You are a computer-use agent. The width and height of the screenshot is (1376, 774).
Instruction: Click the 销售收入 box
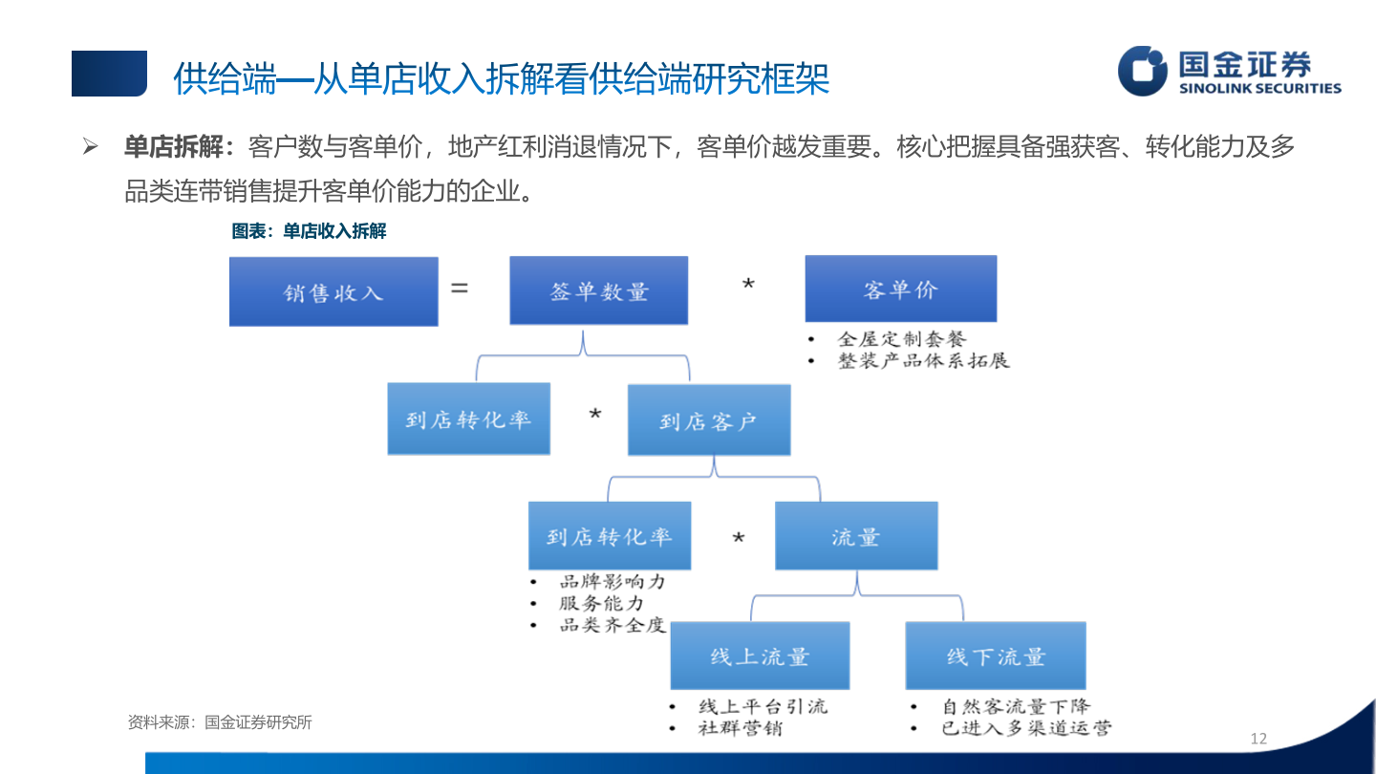[333, 291]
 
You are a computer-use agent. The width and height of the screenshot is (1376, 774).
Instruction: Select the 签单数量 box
[599, 290]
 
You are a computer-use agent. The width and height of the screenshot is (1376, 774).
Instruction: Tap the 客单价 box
[901, 289]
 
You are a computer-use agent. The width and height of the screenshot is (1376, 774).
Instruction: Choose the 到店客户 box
[709, 419]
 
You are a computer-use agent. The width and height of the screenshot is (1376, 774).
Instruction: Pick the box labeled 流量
[856, 536]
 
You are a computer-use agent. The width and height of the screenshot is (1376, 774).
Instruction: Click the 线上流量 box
[760, 656]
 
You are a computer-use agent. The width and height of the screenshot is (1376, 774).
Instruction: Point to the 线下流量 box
[996, 656]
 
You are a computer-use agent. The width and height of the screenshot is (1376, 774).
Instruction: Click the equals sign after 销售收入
[460, 286]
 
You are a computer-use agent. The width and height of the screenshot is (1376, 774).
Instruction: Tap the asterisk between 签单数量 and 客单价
[748, 286]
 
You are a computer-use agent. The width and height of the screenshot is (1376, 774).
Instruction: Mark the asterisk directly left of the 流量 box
[738, 540]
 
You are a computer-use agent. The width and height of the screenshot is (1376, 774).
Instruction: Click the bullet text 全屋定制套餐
[902, 339]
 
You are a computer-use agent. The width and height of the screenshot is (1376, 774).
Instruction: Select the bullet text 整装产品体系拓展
[923, 361]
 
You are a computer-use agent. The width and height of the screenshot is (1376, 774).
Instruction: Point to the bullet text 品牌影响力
[612, 582]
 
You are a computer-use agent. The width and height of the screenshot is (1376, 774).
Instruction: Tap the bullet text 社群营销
[741, 728]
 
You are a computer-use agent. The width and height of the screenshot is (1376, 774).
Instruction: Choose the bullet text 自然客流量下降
[1015, 707]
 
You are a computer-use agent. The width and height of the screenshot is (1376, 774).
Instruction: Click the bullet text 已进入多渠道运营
[1026, 729]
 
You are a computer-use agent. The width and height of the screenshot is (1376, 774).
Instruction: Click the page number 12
[1258, 738]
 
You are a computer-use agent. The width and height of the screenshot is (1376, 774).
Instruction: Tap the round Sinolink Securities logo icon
[1143, 72]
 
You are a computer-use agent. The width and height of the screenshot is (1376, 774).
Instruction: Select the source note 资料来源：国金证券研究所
[220, 722]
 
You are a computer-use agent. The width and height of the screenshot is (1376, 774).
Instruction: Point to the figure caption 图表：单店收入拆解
[309, 231]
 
